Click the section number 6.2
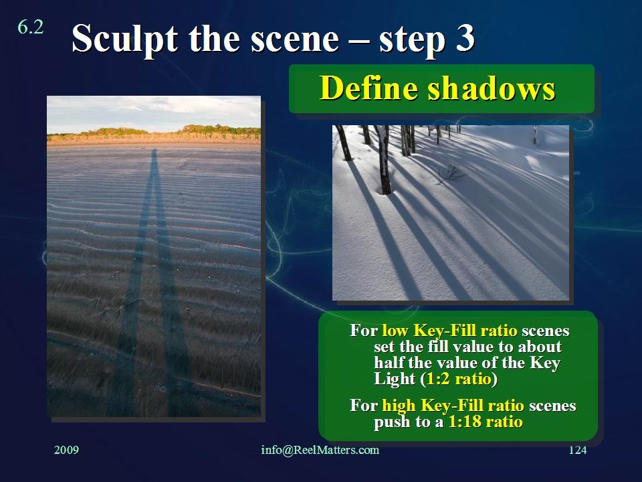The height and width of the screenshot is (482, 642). pos(31,27)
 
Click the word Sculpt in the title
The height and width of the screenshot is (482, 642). pos(125,39)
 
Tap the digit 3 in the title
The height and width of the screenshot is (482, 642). pos(465,37)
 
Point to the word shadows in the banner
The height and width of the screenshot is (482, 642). pos(492,88)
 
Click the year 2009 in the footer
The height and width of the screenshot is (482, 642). pos(66,450)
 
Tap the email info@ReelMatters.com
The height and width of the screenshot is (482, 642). pos(320,450)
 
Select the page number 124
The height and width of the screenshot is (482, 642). pos(578,450)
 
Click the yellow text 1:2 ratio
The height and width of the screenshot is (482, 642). pos(459,379)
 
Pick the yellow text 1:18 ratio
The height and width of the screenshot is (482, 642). pos(486,422)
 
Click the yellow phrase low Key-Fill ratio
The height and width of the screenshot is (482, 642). pos(449,330)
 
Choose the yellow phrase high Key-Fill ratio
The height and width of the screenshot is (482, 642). pos(453,406)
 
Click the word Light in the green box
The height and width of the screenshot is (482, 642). pos(395,379)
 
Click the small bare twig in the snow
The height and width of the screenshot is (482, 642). pos(450,174)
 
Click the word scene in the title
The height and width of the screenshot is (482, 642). pos(295,39)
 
